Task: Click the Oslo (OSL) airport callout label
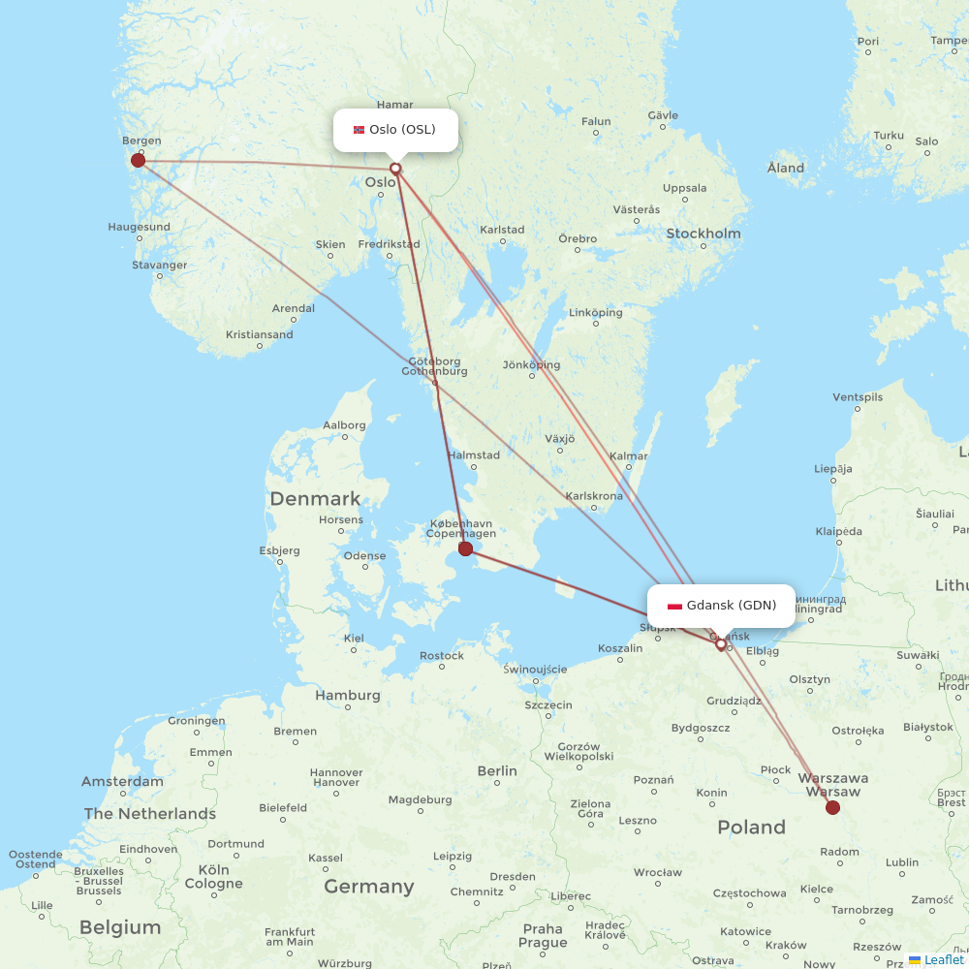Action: (x=395, y=130)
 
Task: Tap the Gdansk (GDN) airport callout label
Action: (x=721, y=606)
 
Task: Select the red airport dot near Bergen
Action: (x=138, y=160)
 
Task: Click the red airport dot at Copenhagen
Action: (x=465, y=548)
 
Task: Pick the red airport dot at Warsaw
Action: (x=832, y=807)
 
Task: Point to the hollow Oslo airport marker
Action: (x=395, y=169)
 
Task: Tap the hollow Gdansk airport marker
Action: (x=721, y=643)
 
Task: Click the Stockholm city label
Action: (x=703, y=234)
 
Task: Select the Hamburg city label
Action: (x=348, y=695)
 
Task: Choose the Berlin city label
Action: (x=497, y=770)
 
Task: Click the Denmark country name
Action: (x=315, y=499)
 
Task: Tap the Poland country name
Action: (x=751, y=827)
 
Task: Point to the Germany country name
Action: (x=369, y=886)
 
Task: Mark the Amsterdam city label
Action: (x=122, y=781)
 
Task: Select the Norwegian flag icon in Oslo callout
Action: (x=359, y=130)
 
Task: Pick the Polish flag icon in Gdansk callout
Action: (x=674, y=607)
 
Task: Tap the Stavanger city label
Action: (x=160, y=265)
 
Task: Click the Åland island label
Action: (x=786, y=168)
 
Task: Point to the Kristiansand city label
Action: (x=259, y=334)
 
